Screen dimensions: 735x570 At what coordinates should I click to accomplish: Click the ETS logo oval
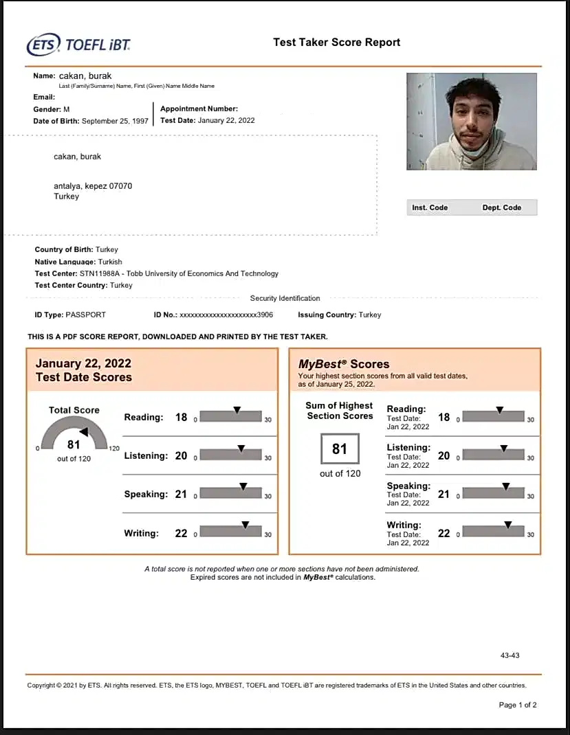coord(43,45)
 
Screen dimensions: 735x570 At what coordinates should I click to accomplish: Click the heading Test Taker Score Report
coord(336,42)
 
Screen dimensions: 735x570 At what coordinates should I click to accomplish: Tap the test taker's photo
coord(471,122)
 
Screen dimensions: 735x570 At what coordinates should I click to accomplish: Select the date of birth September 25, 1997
coord(115,121)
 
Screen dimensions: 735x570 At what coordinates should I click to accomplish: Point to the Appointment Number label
coord(199,109)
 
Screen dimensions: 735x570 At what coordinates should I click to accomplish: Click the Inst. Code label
coord(430,207)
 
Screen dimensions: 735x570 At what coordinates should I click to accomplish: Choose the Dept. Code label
coord(501,207)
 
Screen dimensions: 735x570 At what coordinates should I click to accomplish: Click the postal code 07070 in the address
coord(120,186)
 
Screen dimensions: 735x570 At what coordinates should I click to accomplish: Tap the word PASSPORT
coord(85,315)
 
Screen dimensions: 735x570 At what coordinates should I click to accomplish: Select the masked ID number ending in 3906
coord(226,315)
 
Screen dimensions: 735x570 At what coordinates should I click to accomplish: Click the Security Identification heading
coord(285,298)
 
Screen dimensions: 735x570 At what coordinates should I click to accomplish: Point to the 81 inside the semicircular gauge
coord(74,444)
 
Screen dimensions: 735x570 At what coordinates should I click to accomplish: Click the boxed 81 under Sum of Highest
coord(340,449)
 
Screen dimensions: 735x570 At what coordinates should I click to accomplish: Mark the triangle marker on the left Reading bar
coord(237,410)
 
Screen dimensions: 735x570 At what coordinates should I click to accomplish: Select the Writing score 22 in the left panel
coord(181,533)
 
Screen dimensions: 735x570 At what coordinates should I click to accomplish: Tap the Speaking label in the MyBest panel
coord(408,486)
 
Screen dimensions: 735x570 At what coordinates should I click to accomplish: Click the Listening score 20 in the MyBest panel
coord(444,455)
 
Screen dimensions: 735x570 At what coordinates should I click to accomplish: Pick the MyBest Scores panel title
coord(344,364)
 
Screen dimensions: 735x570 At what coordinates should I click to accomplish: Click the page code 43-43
coord(509,655)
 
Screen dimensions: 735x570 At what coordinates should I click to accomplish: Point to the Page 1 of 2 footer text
coord(517,705)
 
